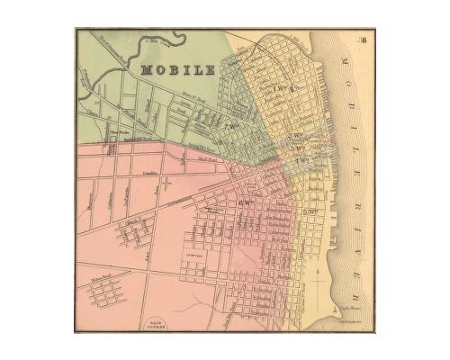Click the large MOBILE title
177,68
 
